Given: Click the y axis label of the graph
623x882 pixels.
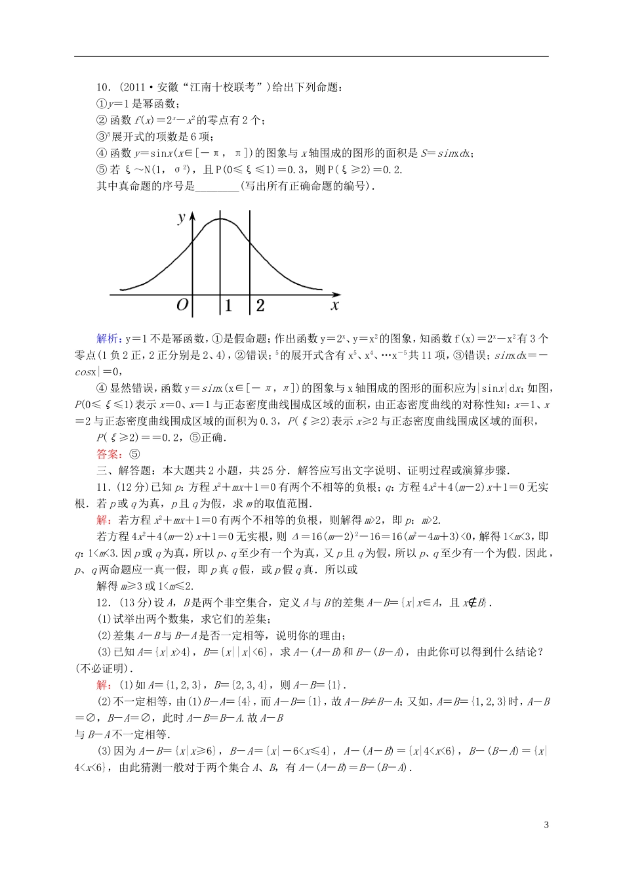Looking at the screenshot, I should [x=182, y=217].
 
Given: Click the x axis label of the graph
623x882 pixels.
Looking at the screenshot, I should [x=334, y=305].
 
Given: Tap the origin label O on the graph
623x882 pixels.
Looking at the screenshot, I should [x=182, y=305].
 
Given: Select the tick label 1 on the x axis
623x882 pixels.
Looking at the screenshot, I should [x=228, y=305].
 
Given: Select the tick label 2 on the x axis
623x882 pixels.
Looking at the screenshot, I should [x=260, y=305].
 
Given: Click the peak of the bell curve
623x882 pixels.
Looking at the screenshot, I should [x=220, y=219].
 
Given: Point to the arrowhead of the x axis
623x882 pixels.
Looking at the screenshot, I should [x=337, y=295].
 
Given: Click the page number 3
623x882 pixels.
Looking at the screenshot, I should [x=546, y=825].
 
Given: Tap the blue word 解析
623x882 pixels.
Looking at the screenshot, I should [x=107, y=339].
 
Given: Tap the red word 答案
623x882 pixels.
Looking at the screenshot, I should [x=107, y=453].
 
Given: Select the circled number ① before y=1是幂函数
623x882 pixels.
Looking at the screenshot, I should [x=101, y=104].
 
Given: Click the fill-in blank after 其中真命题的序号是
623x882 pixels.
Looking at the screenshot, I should [x=218, y=186].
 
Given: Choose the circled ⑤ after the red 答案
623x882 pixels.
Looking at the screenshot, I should [x=134, y=453].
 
